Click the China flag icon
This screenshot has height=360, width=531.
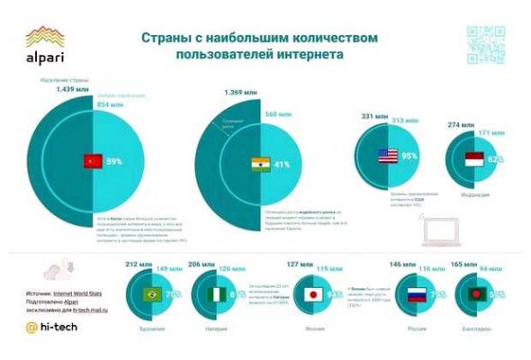click(90, 162)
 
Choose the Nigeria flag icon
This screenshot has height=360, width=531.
click(217, 294)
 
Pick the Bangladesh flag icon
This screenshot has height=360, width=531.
click(474, 294)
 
